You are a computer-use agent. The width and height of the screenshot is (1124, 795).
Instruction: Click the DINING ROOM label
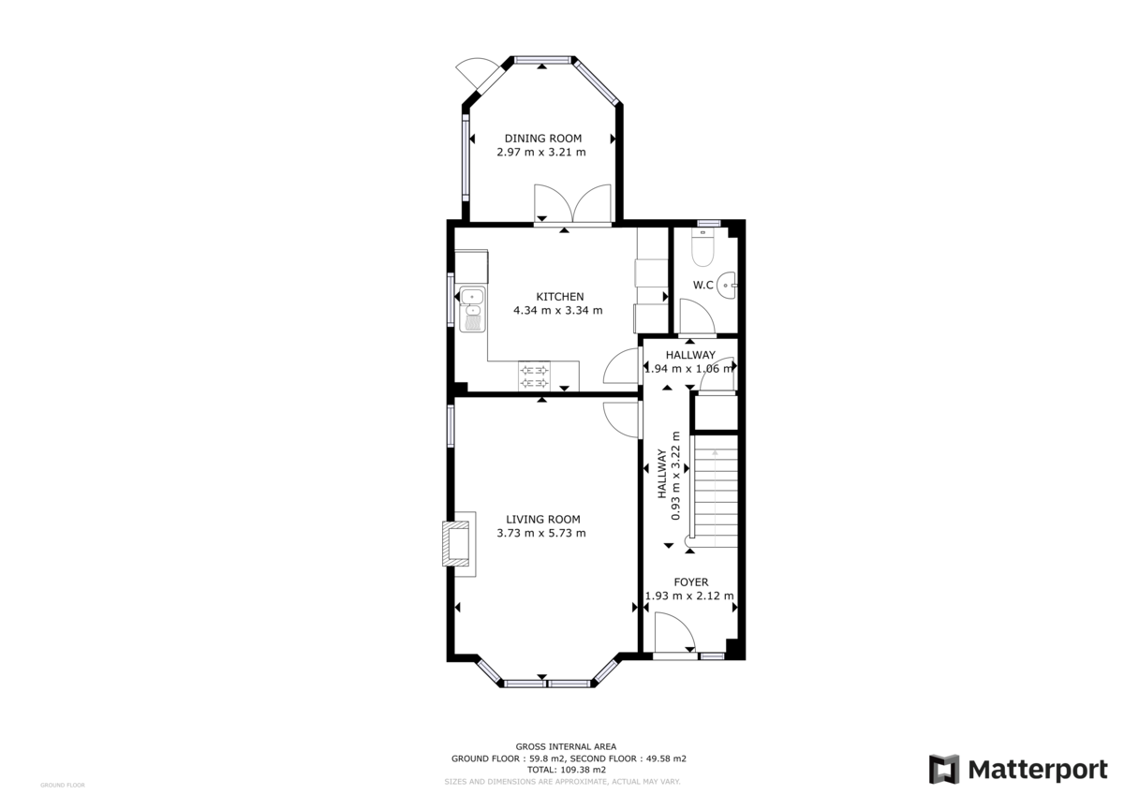tap(543, 139)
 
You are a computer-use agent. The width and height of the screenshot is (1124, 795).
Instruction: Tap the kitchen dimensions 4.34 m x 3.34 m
tap(558, 311)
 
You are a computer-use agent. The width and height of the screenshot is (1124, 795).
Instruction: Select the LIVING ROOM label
tap(542, 520)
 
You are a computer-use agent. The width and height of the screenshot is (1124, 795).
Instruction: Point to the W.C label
tap(703, 285)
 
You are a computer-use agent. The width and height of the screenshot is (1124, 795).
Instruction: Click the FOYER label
tap(690, 582)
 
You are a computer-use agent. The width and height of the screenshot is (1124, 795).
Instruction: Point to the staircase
tap(715, 492)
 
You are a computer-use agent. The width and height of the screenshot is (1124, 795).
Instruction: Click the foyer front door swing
tap(673, 632)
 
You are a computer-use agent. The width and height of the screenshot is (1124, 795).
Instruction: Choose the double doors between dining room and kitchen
tap(572, 204)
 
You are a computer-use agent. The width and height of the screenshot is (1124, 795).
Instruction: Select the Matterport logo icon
tap(944, 769)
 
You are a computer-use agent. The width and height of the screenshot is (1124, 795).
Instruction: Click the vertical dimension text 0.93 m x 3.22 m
tap(674, 475)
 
